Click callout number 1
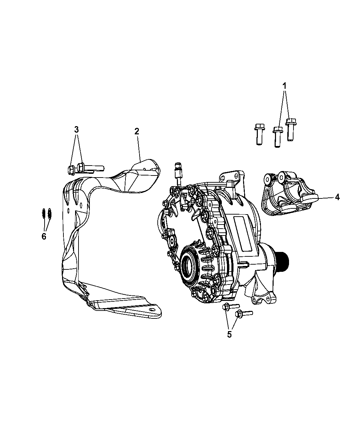coord(284,85)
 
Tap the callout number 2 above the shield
coord(137,131)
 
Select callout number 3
coord(76,130)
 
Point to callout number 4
coord(337,197)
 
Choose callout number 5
coord(229,334)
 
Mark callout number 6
coord(44,236)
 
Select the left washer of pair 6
coord(44,214)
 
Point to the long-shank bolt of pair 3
coord(90,168)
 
